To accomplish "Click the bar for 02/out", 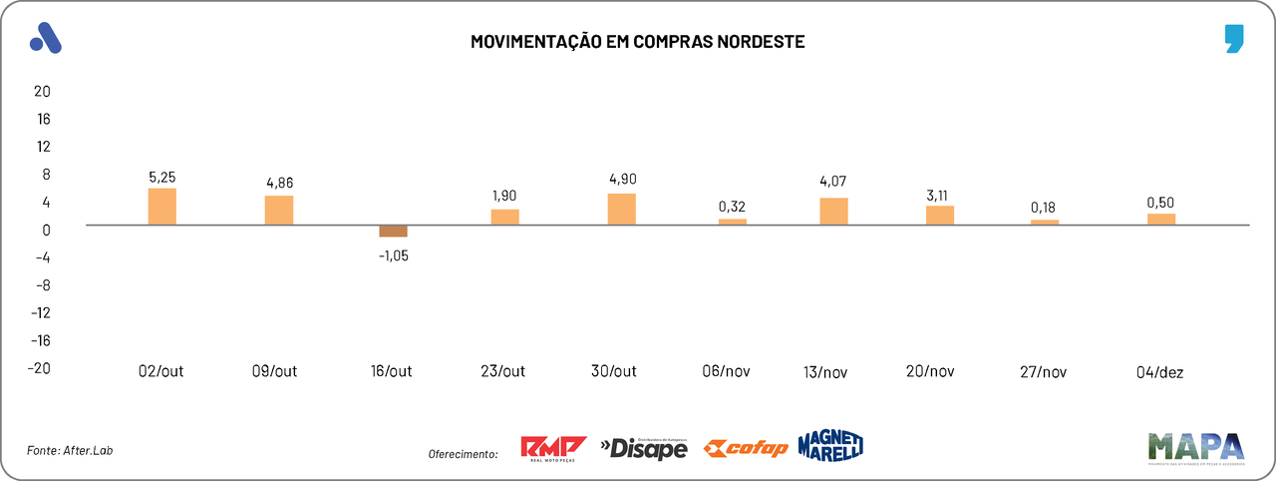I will click(161, 207).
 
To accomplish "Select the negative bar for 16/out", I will click(393, 232).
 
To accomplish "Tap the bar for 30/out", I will click(621, 209).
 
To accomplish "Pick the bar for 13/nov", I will click(833, 212).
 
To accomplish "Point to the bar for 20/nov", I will click(939, 216).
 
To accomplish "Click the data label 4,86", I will click(279, 183).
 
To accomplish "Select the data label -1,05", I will click(393, 254).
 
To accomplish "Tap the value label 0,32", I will click(732, 207).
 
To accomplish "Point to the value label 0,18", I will click(1045, 208).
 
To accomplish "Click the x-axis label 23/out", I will click(503, 371).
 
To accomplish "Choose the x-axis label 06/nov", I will click(726, 371).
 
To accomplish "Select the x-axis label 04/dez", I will click(1160, 371).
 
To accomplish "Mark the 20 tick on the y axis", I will click(42, 91).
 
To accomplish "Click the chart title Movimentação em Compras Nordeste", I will click(637, 42).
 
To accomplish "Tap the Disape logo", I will click(644, 449).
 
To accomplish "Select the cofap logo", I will click(746, 449).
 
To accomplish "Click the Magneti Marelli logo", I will click(829, 445).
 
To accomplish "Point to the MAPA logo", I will click(1196, 448).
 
